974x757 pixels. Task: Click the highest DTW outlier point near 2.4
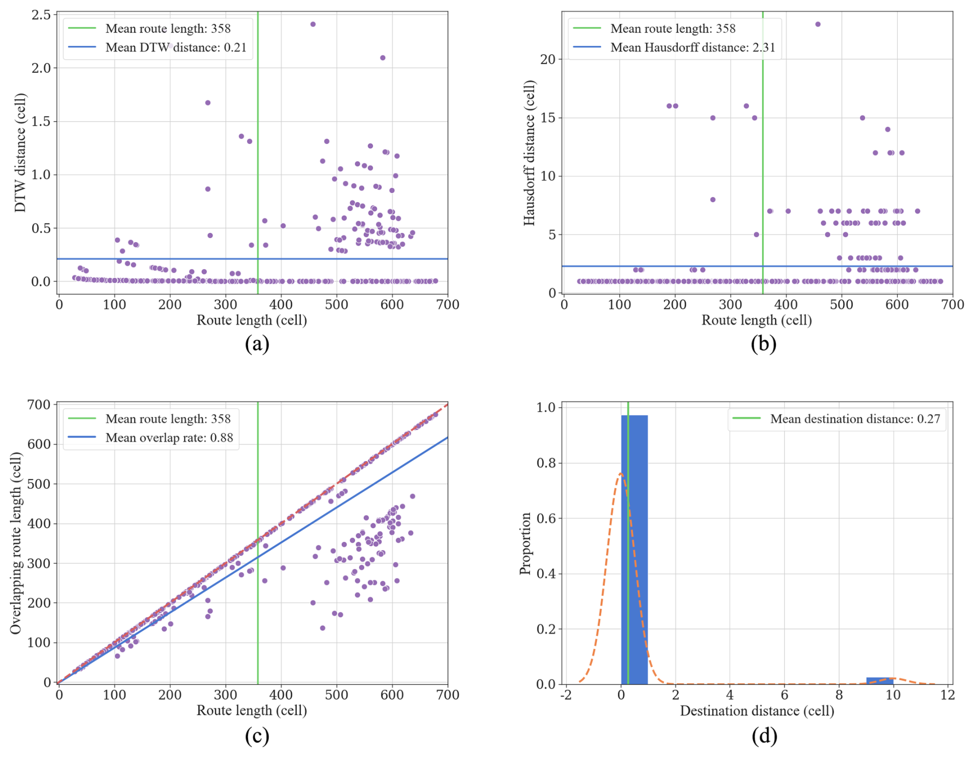tap(312, 24)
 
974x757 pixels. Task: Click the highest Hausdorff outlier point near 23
tap(818, 24)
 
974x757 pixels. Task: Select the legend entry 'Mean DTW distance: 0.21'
tap(176, 47)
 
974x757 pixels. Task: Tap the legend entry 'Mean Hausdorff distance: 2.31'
tap(692, 47)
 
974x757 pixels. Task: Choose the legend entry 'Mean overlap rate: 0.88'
tap(169, 438)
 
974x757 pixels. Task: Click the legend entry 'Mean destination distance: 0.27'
tap(855, 419)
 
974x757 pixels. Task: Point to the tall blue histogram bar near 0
tap(634, 549)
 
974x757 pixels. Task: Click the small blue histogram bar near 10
tap(880, 681)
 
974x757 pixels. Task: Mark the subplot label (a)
tap(257, 343)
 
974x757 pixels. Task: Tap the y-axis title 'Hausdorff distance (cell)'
tap(529, 152)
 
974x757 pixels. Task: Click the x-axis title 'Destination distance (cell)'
tap(757, 711)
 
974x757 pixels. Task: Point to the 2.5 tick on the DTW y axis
tap(41, 15)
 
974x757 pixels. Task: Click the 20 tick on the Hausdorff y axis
tap(548, 60)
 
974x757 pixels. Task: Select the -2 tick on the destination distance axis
tap(566, 695)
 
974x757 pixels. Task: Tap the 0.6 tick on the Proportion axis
tap(546, 519)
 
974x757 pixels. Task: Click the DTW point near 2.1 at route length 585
tap(382, 58)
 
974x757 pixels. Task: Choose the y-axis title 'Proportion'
tap(525, 543)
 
